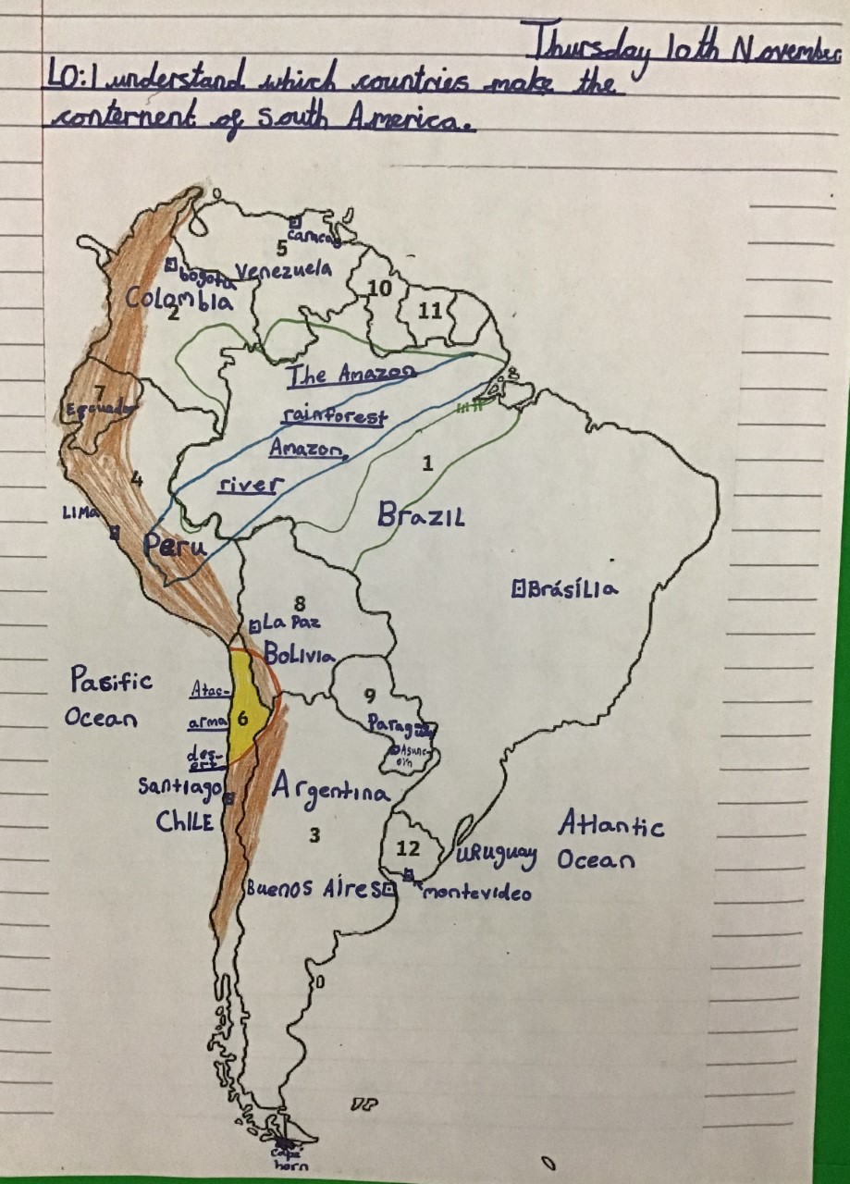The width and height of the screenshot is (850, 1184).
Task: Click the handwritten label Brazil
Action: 420,516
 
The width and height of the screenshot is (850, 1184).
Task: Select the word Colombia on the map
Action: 179,300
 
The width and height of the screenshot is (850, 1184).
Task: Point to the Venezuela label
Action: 283,270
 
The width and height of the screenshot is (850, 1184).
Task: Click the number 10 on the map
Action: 380,289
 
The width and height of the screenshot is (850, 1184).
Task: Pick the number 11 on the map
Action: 430,311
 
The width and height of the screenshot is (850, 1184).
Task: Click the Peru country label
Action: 174,547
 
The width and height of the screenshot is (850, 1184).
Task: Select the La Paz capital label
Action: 289,623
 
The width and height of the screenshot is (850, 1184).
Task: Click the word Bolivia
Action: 298,655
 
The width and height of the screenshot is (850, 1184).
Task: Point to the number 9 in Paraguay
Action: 369,696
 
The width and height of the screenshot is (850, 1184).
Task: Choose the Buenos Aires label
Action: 313,889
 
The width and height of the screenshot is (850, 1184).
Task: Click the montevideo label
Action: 476,893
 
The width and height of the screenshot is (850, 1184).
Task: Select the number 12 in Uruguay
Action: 408,848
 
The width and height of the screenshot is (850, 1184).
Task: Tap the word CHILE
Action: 185,821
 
